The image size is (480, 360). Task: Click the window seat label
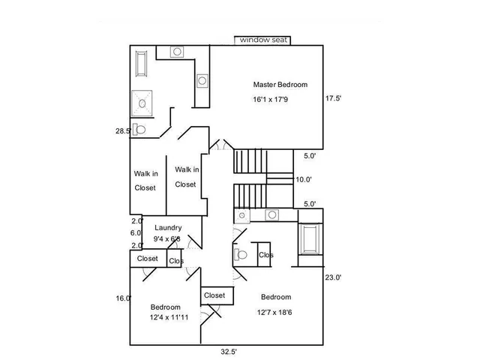[262, 40]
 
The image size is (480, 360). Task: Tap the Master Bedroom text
[280, 85]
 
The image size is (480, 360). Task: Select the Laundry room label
[168, 228]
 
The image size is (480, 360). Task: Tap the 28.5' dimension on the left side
[123, 130]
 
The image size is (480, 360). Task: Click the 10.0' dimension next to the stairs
[304, 179]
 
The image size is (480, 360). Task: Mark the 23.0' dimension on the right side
[333, 277]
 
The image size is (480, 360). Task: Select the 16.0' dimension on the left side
[123, 298]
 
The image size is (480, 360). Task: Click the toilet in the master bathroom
[139, 129]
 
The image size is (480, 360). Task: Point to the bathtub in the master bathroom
[142, 65]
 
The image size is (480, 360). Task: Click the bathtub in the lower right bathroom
[309, 241]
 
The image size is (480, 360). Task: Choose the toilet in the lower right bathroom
[241, 255]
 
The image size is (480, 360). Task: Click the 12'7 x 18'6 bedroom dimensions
[275, 312]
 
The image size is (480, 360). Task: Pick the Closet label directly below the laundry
[148, 259]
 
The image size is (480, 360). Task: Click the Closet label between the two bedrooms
[214, 295]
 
